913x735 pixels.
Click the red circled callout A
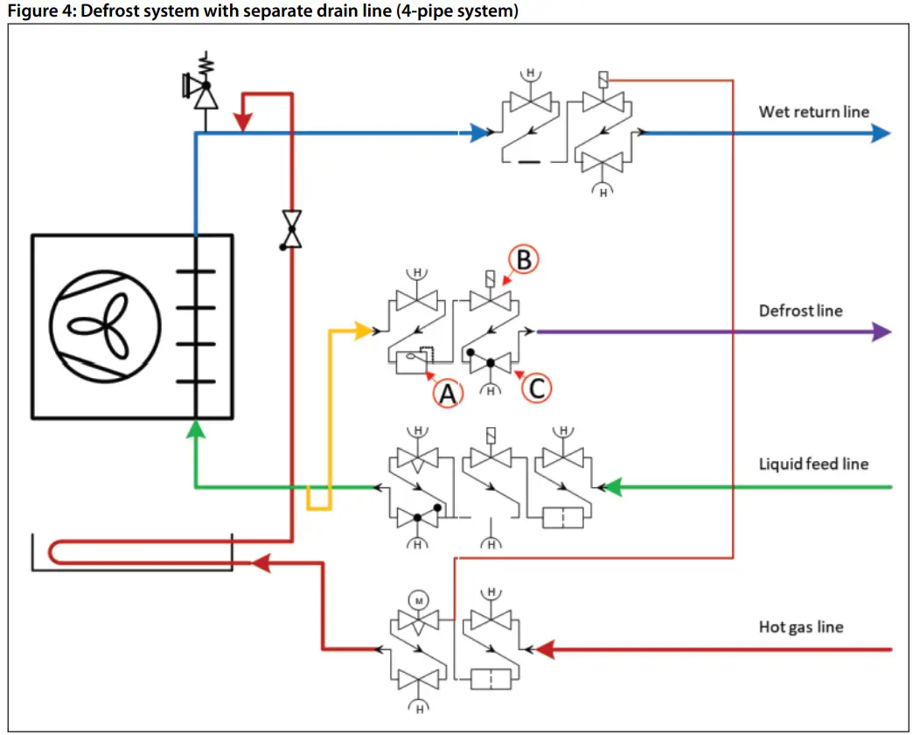tap(448, 395)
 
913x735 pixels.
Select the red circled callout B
tap(524, 260)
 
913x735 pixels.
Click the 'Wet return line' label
tap(813, 111)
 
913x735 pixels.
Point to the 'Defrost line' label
tap(800, 311)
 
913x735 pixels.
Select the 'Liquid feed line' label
tap(813, 463)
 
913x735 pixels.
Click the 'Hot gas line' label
tap(801, 626)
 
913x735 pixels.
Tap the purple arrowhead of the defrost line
tap(881, 332)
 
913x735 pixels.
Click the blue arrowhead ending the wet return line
tap(881, 133)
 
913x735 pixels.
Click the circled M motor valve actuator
tap(418, 601)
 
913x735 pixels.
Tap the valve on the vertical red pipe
tap(291, 228)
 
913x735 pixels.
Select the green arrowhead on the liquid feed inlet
tap(614, 486)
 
